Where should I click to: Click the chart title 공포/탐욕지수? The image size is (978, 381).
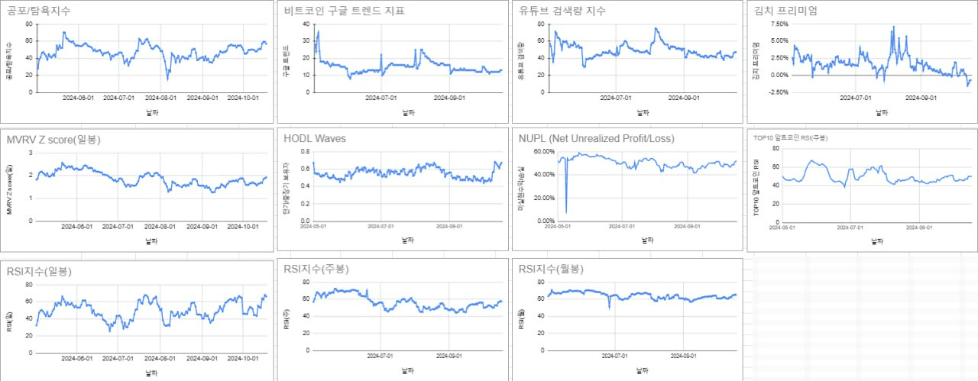pos(45,11)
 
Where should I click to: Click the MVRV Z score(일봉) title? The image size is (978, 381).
pos(53,140)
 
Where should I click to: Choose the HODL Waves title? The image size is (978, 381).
pos(314,139)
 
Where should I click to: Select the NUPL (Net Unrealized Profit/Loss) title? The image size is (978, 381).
pos(597,139)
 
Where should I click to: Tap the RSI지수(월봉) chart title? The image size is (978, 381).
pos(550,269)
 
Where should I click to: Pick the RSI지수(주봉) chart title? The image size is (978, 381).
pos(316,269)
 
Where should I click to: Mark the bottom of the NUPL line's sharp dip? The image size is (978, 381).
pos(566,212)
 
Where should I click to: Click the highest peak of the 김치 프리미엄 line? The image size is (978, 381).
pos(893,27)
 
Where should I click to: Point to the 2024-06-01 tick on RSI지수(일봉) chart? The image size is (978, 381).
pos(78,358)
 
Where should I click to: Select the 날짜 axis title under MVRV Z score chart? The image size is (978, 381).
pos(153,241)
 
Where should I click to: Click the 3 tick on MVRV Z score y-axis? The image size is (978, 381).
pos(30,153)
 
